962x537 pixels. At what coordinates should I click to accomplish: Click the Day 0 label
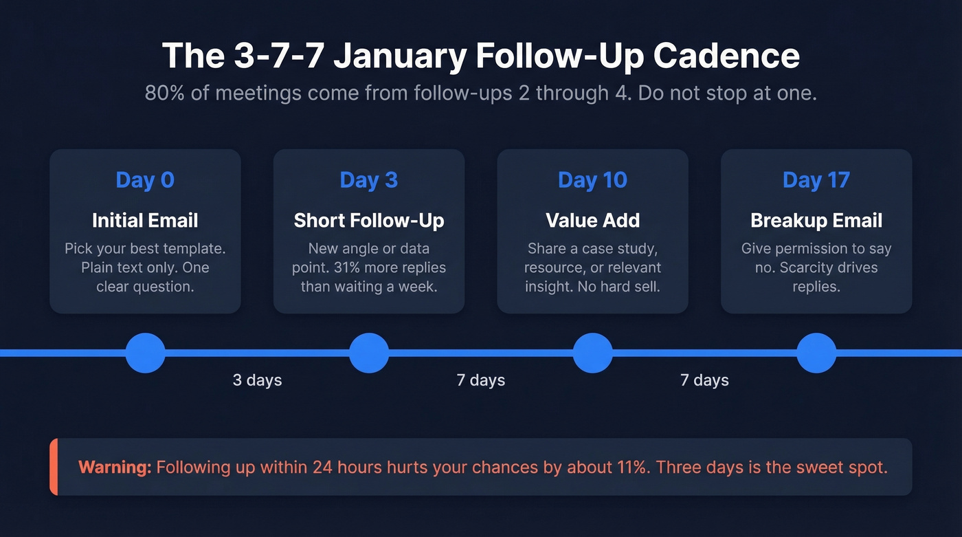(145, 180)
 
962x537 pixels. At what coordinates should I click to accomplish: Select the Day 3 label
(368, 180)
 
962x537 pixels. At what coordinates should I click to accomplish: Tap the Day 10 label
(592, 180)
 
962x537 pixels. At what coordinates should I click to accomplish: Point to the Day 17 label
(816, 180)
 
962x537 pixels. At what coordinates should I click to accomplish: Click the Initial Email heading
(145, 221)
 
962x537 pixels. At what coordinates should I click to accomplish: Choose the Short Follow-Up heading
(368, 221)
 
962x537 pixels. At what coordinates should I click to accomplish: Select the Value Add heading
(592, 221)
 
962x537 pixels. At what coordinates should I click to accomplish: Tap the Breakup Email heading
(816, 221)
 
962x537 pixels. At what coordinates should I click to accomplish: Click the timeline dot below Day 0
(145, 353)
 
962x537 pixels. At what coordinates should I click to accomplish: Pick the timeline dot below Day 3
(369, 353)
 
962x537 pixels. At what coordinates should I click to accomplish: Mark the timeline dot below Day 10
(592, 353)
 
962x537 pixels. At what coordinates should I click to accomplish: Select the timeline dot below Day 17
(816, 353)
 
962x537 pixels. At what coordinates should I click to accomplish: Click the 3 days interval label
(257, 380)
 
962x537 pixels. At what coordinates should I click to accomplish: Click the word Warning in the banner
(114, 468)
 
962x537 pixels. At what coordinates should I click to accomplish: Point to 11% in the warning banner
(630, 468)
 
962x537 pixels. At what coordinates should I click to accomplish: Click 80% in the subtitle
(162, 94)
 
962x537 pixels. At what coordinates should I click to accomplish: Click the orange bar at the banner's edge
(54, 467)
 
